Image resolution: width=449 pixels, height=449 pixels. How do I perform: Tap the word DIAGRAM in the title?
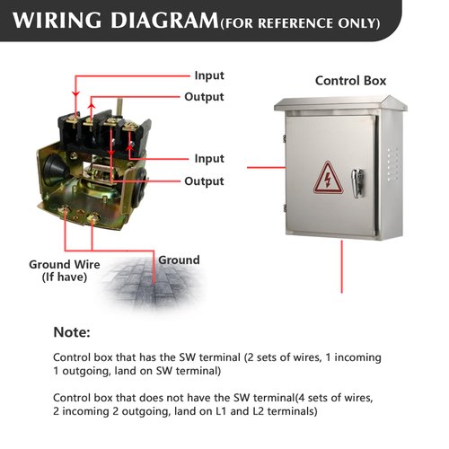[164, 19]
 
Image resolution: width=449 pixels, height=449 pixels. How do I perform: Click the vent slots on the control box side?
[387, 162]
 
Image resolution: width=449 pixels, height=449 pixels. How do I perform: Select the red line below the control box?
[341, 266]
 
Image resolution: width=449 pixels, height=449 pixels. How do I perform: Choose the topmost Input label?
[209, 75]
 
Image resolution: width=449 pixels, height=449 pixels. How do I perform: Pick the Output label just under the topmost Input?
[204, 97]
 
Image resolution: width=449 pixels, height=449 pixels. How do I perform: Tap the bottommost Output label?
[204, 181]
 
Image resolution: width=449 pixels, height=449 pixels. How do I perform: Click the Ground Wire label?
[64, 264]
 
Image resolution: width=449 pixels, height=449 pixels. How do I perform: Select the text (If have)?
[64, 277]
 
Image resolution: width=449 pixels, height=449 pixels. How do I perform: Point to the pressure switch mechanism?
[94, 162]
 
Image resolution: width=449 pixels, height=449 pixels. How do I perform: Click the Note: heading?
[72, 332]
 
